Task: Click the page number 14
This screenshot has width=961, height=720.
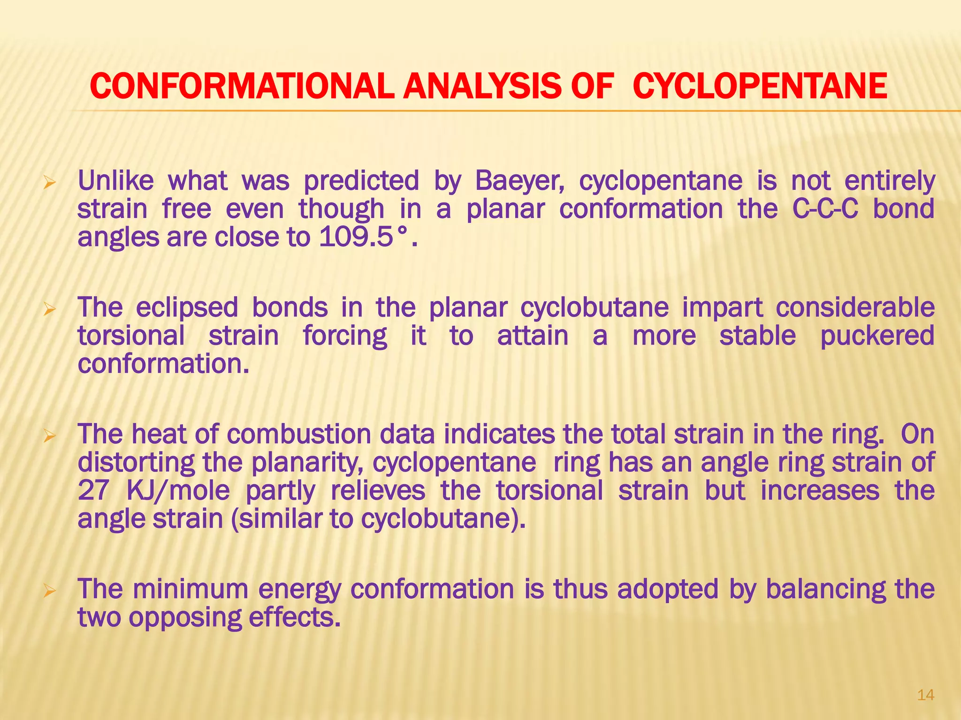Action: coord(925,695)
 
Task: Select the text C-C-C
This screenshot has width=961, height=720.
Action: coord(825,209)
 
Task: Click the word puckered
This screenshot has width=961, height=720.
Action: coord(877,337)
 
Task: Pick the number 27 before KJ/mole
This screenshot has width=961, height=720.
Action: coord(93,491)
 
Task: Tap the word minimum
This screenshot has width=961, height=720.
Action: coord(190,589)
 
